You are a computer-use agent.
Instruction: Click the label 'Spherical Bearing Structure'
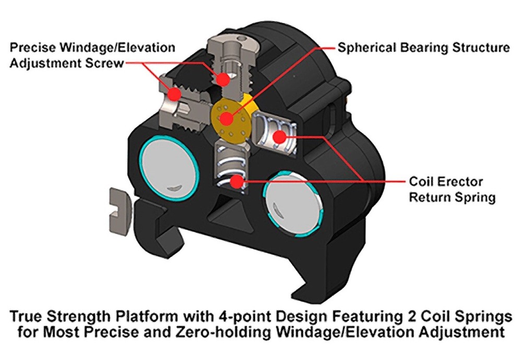click(423, 48)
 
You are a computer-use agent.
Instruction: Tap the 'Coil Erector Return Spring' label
click(452, 189)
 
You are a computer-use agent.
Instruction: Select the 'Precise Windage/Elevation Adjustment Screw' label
click(92, 55)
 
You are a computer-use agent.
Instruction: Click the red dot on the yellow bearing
click(227, 118)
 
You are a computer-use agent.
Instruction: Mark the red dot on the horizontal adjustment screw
click(174, 94)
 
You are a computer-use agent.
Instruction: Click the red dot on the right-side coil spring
click(280, 136)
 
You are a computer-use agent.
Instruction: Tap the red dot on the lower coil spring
click(237, 182)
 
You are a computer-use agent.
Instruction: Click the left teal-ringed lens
click(169, 168)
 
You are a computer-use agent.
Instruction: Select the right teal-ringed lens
click(293, 204)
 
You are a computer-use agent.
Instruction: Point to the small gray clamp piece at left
click(120, 211)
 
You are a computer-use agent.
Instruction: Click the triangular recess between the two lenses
click(230, 211)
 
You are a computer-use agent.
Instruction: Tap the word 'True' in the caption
click(27, 316)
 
